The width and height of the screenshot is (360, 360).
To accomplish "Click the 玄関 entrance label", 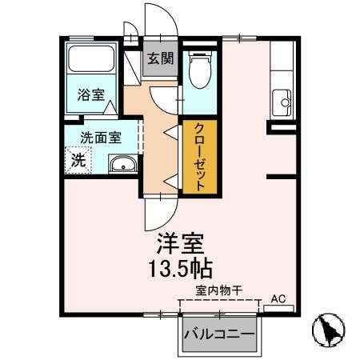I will [x=160, y=58].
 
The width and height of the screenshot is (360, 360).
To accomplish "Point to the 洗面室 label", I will [x=100, y=137].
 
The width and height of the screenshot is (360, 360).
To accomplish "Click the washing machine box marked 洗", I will [x=78, y=158].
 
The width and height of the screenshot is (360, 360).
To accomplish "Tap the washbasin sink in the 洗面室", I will [x=123, y=166].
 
